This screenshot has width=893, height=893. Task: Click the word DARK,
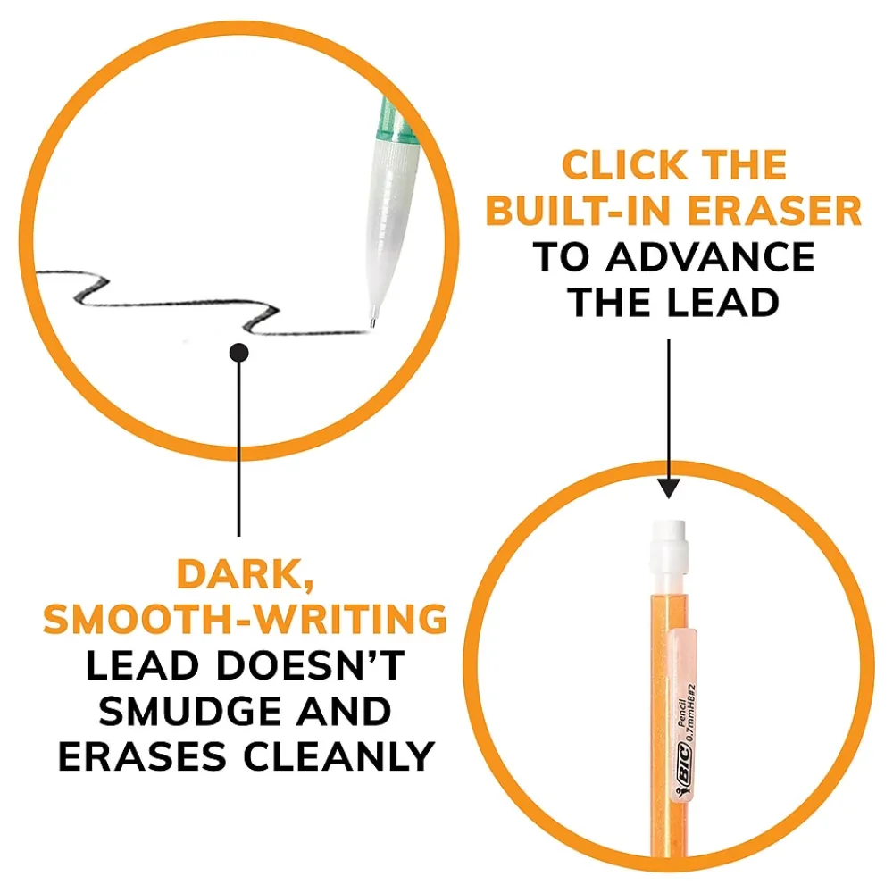tap(245, 575)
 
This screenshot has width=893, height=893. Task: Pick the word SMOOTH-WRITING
tap(246, 619)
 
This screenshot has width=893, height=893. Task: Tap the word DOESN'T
tap(311, 665)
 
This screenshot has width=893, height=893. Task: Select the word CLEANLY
tap(338, 757)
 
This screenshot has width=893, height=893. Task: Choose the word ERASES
tap(142, 757)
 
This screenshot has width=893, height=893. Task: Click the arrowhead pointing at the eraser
tap(669, 488)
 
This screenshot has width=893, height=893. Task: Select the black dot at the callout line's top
tap(238, 353)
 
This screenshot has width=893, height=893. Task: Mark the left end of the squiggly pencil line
tap(38, 274)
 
